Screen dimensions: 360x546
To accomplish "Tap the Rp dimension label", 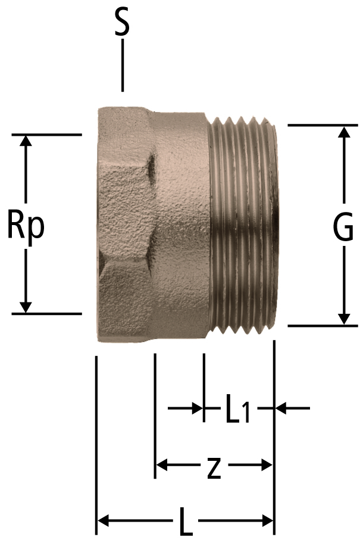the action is coord(26,225).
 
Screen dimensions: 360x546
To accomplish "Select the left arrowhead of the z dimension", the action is coord(162,464).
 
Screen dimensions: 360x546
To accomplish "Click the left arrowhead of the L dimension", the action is coord(104,521).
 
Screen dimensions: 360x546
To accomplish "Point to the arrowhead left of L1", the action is coord(198,408).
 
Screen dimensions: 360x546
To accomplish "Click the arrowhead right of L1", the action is coord(281,408).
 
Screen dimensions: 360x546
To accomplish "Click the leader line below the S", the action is coord(122,65).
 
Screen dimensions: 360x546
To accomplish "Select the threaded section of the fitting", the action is coord(243,225).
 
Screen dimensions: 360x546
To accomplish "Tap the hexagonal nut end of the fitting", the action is coord(124,225).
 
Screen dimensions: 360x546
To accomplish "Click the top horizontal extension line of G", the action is coord(323,124).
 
